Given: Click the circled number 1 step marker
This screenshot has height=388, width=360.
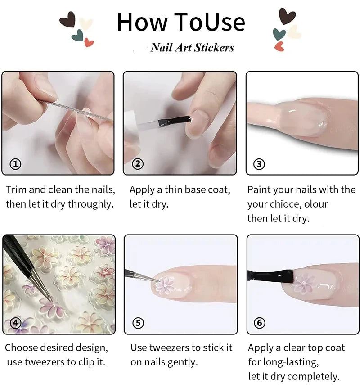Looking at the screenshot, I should point(16,164).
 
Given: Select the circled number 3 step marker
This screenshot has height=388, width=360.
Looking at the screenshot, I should point(259,164).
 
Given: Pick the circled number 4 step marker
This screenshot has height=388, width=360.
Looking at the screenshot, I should point(16,323).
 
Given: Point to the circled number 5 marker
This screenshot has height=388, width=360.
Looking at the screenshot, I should point(138,323).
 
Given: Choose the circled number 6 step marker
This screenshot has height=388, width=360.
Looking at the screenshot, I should point(260,323).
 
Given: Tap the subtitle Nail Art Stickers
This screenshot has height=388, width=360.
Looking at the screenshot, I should point(192,47).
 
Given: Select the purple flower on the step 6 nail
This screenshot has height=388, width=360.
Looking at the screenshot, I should point(304,284).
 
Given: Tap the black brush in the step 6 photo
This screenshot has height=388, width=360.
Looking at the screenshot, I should point(270,275).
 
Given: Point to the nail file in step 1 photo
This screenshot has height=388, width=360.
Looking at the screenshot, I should point(76,110).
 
